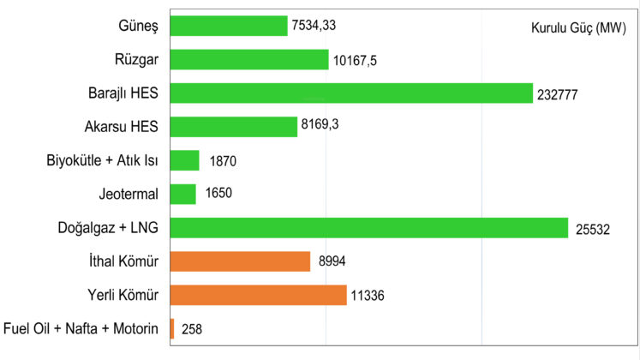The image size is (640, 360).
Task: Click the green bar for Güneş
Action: [x=229, y=26]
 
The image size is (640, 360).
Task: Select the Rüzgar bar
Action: [x=249, y=59]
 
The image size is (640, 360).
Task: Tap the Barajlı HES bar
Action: [x=351, y=93]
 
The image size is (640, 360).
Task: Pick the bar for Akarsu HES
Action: [x=234, y=126]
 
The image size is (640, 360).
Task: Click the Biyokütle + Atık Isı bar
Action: [x=185, y=160]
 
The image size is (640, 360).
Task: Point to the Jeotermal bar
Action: [x=183, y=194]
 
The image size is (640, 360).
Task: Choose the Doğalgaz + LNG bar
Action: [x=369, y=228]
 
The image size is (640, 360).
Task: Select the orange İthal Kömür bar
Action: [x=240, y=261]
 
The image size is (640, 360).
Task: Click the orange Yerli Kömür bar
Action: [x=258, y=295]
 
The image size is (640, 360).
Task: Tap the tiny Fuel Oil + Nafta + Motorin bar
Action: [x=172, y=328]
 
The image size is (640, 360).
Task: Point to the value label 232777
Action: [x=559, y=94]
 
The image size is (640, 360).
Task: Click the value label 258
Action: [x=192, y=329]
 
